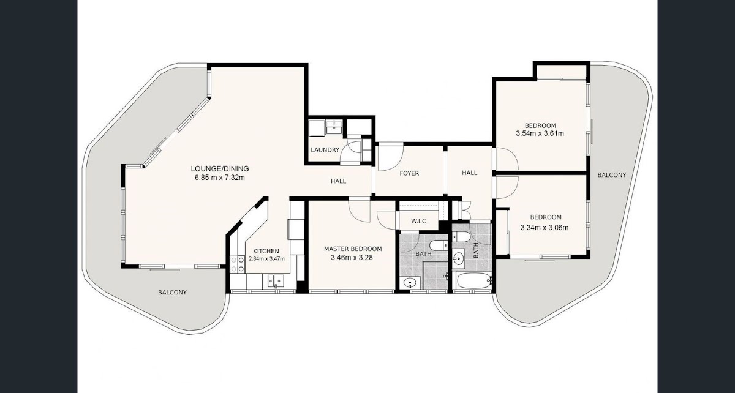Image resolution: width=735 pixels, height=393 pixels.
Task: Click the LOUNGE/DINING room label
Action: pyautogui.click(x=220, y=168)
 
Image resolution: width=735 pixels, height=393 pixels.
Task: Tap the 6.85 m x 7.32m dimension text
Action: pyautogui.click(x=220, y=178)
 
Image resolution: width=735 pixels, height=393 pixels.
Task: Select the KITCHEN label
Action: pyautogui.click(x=266, y=251)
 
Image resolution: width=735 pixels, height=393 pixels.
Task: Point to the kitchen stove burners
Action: pyautogui.click(x=237, y=264)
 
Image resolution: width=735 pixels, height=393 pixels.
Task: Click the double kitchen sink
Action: pyautogui.click(x=276, y=281)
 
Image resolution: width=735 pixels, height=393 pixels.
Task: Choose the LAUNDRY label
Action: pyautogui.click(x=325, y=150)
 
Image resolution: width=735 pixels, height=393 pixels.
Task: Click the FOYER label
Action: pyautogui.click(x=409, y=173)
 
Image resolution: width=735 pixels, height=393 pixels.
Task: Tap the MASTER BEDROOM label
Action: pyautogui.click(x=353, y=249)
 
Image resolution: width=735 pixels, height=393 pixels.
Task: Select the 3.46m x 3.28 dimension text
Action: pyautogui.click(x=352, y=258)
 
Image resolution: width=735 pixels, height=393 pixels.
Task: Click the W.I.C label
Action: pyautogui.click(x=419, y=221)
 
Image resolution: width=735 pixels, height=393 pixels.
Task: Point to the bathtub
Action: pyautogui.click(x=473, y=281)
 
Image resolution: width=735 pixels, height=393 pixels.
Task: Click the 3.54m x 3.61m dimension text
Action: pyautogui.click(x=540, y=133)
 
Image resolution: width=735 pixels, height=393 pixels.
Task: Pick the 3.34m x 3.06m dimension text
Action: pyautogui.click(x=545, y=227)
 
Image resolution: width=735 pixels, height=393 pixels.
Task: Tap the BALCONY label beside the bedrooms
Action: pyautogui.click(x=612, y=175)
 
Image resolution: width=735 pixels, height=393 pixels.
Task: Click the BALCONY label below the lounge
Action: pyautogui.click(x=172, y=292)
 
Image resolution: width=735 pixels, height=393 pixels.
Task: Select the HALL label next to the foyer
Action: pyautogui.click(x=470, y=173)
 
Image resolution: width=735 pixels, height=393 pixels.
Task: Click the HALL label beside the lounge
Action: pyautogui.click(x=338, y=181)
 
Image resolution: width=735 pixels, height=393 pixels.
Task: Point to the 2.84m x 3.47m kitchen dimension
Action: pyautogui.click(x=266, y=259)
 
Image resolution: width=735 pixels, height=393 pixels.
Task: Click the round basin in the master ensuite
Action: pyautogui.click(x=410, y=282)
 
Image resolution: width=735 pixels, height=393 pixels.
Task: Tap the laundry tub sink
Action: pyautogui.click(x=334, y=127)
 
